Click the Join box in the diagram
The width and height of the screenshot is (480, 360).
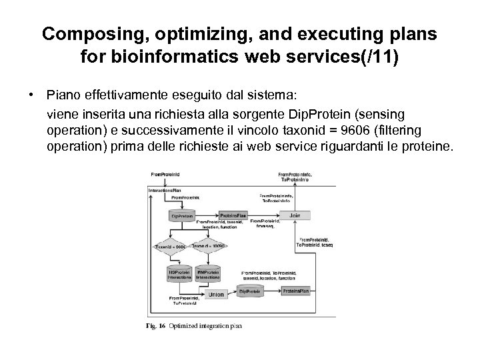tap(294, 216)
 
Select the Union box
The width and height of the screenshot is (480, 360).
tap(217, 293)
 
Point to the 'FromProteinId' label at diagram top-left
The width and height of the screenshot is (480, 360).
tap(165, 175)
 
